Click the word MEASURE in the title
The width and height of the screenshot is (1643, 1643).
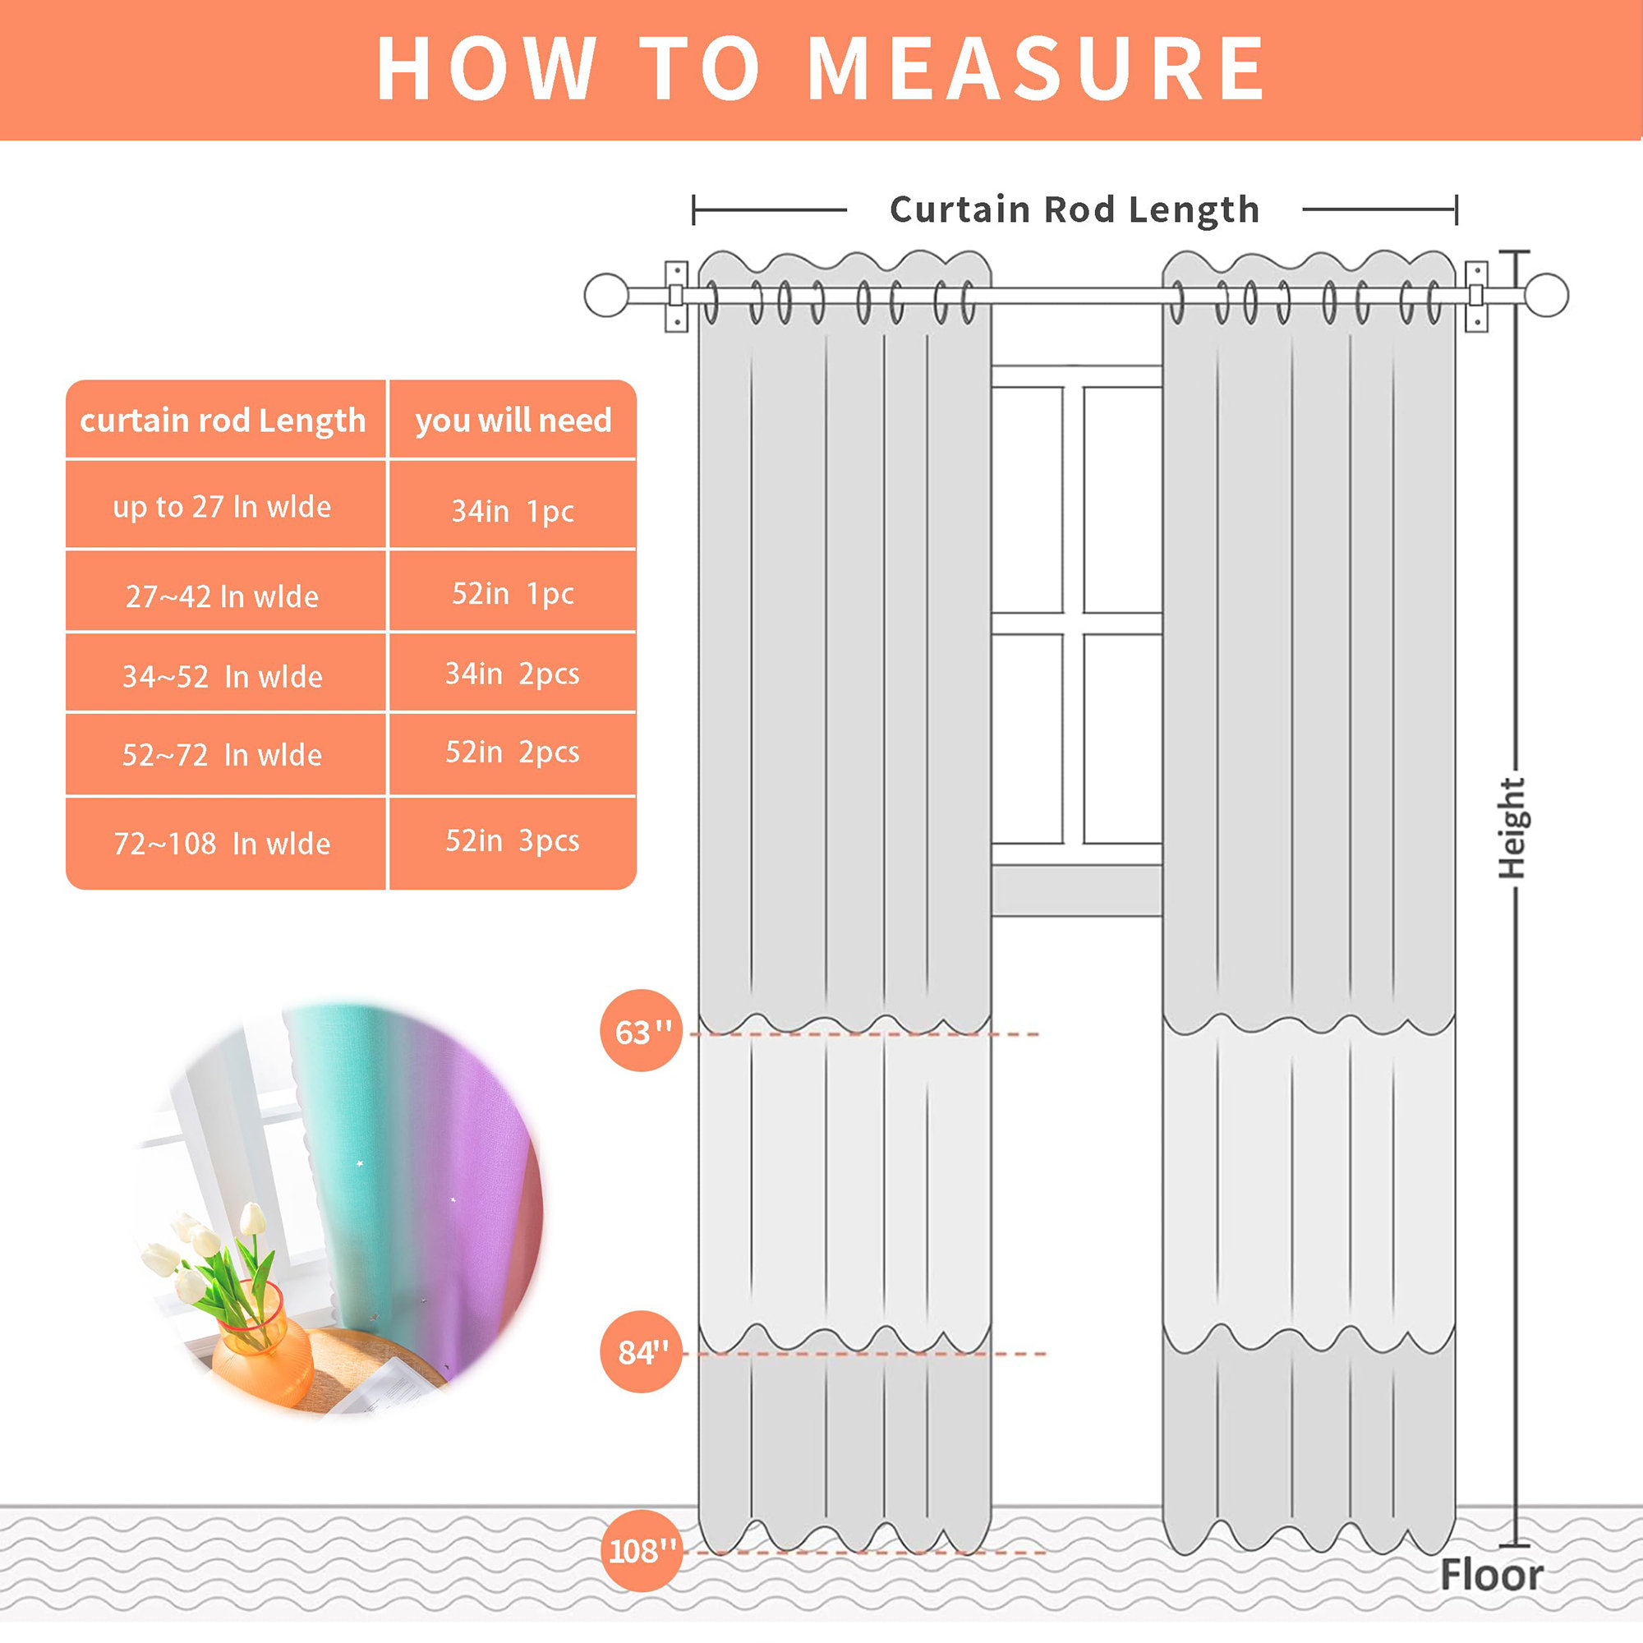[x=1036, y=70]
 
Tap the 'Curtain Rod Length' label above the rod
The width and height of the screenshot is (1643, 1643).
[x=1074, y=209]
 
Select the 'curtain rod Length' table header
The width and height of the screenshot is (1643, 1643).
[x=223, y=420]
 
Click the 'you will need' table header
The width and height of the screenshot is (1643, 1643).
[x=513, y=420]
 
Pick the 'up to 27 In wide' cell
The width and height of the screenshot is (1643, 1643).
[x=222, y=507]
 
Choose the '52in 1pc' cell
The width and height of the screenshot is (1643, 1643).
[x=513, y=594]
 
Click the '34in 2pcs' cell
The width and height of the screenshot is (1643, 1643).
[x=513, y=674]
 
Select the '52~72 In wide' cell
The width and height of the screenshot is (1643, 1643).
[x=222, y=755]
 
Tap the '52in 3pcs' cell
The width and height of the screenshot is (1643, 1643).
[x=513, y=840]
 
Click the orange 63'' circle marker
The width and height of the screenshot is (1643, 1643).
[x=642, y=1031]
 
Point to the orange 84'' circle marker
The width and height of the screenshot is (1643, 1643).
[x=642, y=1351]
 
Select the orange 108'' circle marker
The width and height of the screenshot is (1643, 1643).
[x=642, y=1551]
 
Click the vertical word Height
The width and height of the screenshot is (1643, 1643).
[x=1512, y=827]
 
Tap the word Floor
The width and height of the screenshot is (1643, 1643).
[x=1492, y=1575]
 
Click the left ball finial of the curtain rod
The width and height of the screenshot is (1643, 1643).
[x=606, y=295]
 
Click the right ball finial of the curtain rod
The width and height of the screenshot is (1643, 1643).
[x=1546, y=295]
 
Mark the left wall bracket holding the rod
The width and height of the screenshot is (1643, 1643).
[x=676, y=296]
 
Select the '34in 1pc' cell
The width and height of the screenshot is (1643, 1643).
[x=513, y=511]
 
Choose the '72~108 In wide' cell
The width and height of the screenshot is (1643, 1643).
[x=222, y=844]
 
